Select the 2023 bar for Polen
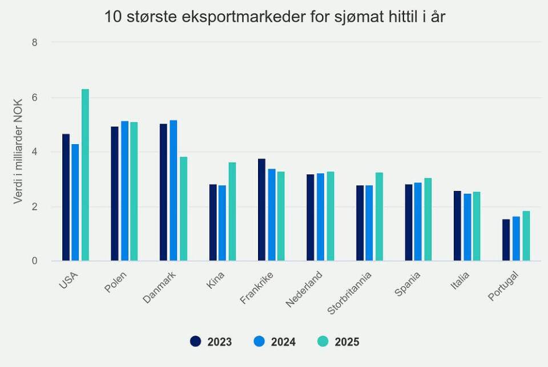115,194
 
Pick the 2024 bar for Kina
223,223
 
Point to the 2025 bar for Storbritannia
379,217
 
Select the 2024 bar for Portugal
516,239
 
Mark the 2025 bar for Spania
428,219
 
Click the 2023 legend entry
211,342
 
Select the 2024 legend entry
275,342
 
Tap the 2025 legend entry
339,342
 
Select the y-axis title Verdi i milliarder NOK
18,152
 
